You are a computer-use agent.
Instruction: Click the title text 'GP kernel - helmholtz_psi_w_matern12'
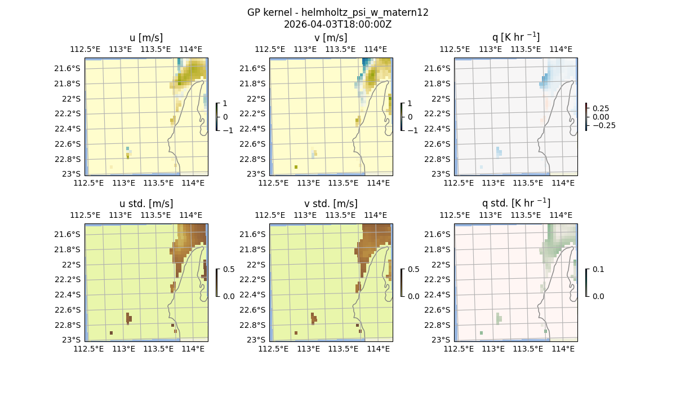[x=337, y=12]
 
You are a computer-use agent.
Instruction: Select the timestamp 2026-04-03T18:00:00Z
[x=337, y=24]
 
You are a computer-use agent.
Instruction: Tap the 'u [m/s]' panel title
[x=146, y=38]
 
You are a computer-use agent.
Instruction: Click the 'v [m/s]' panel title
[x=331, y=38]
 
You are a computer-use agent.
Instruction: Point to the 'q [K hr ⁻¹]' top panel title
[x=515, y=38]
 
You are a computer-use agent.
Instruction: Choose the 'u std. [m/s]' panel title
[x=146, y=204]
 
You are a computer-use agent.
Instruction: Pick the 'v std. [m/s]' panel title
[x=331, y=204]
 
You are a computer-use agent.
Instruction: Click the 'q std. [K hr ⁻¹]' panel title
[x=515, y=204]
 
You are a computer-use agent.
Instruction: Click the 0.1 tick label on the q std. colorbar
[x=598, y=269]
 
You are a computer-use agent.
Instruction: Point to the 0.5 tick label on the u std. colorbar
[x=228, y=269]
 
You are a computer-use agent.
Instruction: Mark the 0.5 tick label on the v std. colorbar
[x=413, y=269]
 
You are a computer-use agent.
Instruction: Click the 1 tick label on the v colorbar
[x=410, y=103]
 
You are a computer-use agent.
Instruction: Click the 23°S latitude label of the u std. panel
[x=72, y=340]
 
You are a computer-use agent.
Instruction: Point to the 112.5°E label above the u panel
[x=86, y=49]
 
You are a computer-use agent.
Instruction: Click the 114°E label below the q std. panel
[x=563, y=349]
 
